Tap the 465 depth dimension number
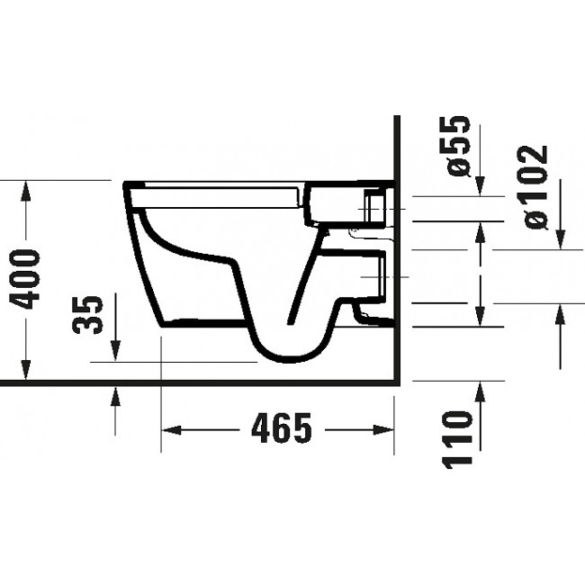coord(275,429)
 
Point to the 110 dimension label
coord(459,440)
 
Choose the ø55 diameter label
coord(459,145)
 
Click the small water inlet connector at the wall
coord(373,209)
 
